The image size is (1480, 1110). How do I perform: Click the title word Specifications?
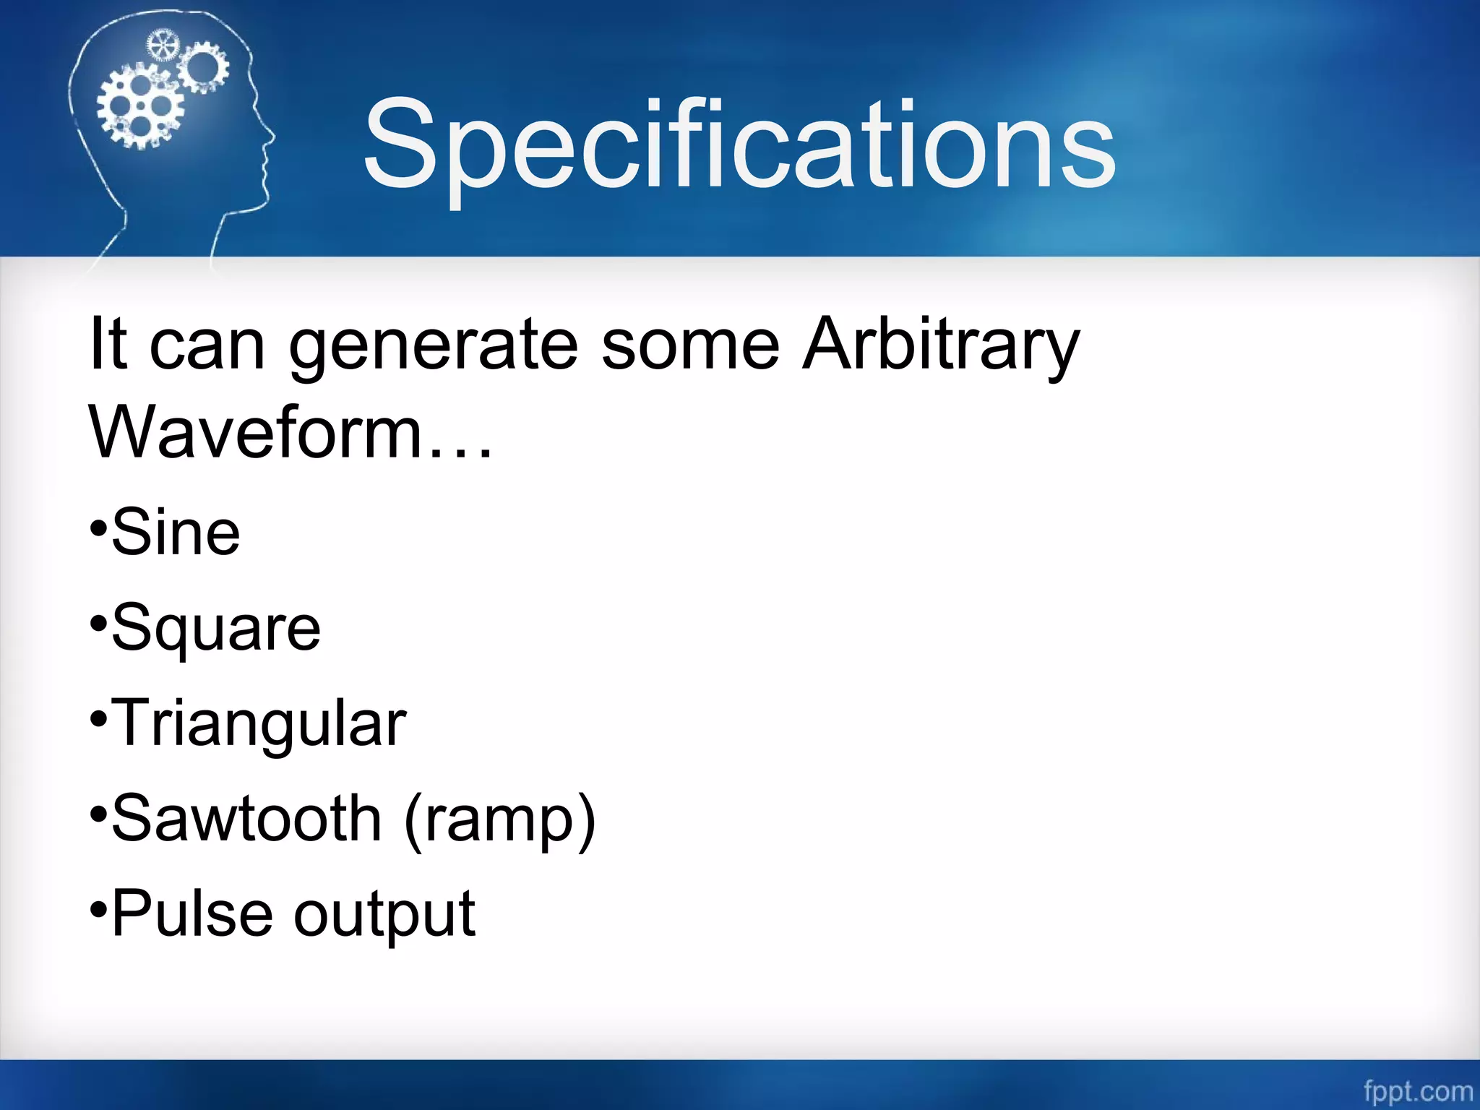tap(739, 145)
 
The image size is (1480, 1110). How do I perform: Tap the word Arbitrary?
tap(942, 345)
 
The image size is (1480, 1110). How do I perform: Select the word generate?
tap(434, 345)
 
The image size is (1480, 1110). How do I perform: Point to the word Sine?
tap(176, 533)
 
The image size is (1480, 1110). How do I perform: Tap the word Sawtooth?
tap(246, 819)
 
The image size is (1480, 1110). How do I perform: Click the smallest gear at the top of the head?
tap(162, 46)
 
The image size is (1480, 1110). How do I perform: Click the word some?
tap(690, 345)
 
